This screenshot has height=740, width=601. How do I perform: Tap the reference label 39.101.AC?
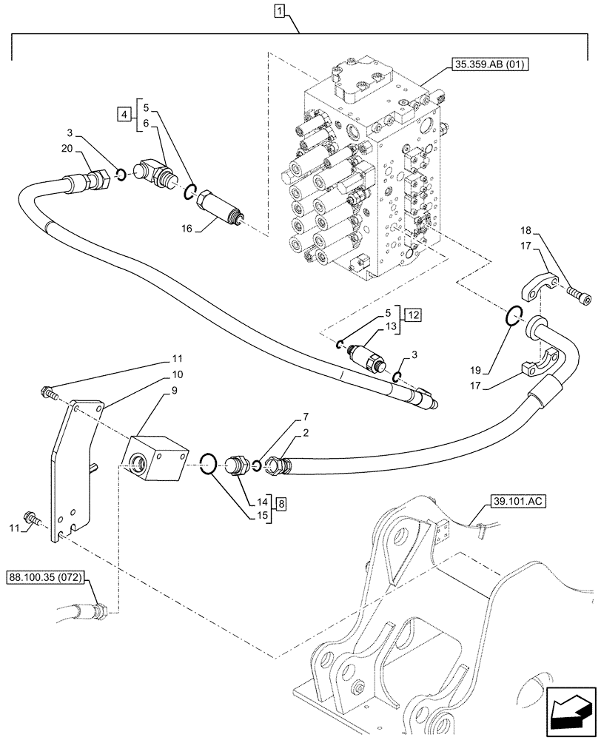click(517, 502)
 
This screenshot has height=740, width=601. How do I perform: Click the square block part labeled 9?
click(157, 460)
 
